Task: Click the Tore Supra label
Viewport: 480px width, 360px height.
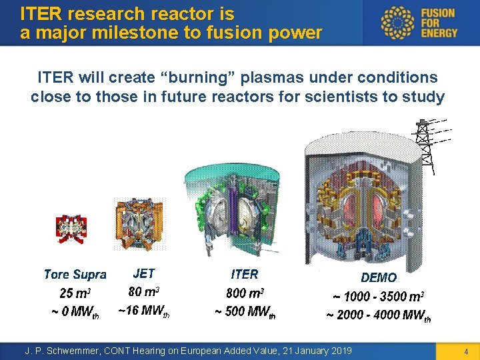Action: [75, 275]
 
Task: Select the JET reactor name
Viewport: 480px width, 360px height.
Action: [144, 273]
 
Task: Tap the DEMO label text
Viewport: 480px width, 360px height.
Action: [378, 277]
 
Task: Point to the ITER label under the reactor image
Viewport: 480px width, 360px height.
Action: [244, 274]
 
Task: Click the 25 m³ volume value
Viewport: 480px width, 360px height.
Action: [75, 293]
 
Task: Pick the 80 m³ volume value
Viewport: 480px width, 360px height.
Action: [144, 291]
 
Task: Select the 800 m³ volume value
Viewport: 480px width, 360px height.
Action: [245, 293]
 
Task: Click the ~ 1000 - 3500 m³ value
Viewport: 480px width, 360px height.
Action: [378, 296]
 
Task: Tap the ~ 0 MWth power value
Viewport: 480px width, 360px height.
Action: [75, 312]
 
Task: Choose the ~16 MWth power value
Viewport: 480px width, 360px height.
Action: [143, 311]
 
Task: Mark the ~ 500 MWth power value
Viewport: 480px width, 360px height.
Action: [245, 312]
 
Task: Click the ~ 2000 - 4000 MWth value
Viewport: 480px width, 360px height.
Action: [378, 315]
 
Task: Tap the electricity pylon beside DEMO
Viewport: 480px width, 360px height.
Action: [423, 143]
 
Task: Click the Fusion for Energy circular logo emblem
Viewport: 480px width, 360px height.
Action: [397, 23]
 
